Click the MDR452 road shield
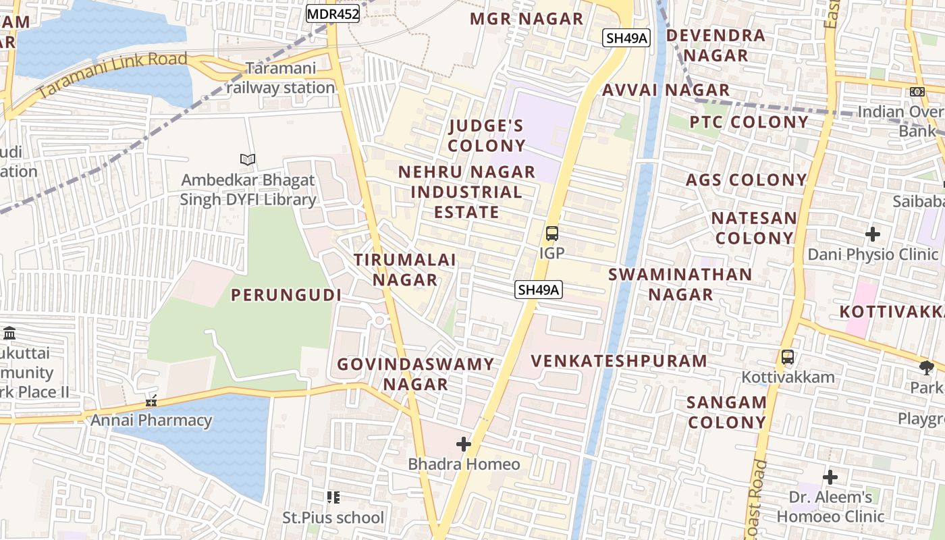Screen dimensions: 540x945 333,13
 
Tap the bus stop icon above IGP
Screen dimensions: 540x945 551,234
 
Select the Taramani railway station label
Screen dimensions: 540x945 281,78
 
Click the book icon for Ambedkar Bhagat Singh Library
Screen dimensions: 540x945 248,160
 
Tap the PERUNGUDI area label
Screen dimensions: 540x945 286,295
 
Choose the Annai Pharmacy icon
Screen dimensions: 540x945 151,401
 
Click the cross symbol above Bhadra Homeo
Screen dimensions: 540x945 464,444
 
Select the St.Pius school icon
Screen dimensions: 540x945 333,497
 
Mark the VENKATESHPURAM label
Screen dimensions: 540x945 619,361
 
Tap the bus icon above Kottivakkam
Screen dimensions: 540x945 787,357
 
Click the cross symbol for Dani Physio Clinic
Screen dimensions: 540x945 873,234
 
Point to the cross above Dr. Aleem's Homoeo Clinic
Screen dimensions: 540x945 830,477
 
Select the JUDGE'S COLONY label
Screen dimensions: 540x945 487,136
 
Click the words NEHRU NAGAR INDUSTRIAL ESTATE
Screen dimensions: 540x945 466,192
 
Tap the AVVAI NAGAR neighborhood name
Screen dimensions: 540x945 666,90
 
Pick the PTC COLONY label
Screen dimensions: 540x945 749,122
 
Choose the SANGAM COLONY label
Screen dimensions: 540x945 726,412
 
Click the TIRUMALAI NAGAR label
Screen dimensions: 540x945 405,269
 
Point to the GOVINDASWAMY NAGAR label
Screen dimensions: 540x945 416,374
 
